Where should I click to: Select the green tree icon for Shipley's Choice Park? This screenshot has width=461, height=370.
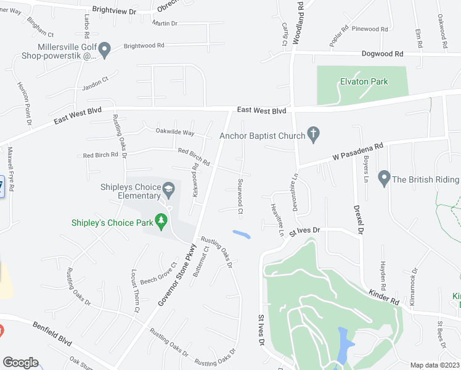click(x=161, y=220)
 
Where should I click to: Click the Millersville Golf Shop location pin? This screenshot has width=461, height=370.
click(x=104, y=49)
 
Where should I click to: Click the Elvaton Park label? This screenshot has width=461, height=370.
click(x=364, y=81)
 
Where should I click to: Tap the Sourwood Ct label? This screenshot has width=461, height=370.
click(x=240, y=197)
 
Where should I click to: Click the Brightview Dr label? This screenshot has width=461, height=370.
click(x=113, y=10)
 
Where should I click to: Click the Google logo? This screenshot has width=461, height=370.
click(x=20, y=362)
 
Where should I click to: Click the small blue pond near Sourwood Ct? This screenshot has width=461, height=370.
click(x=242, y=234)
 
